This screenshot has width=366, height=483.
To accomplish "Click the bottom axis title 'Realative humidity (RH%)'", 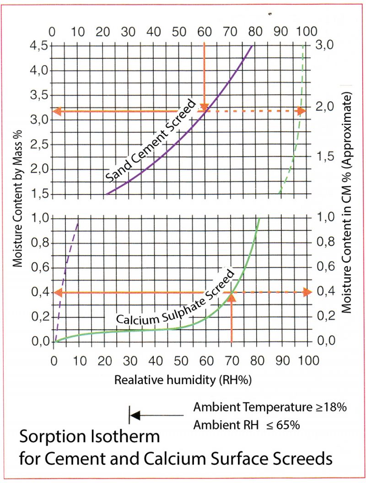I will (183, 380).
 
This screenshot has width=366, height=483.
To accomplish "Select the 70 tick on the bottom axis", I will (231, 361).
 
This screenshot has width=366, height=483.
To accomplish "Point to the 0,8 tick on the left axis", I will (38, 243).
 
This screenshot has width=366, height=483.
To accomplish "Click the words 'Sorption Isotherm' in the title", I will (89, 437).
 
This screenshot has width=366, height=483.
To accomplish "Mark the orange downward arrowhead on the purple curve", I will (204, 107).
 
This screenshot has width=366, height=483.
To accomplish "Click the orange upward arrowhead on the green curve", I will (231, 298).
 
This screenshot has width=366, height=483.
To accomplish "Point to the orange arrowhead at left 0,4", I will (59, 292).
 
